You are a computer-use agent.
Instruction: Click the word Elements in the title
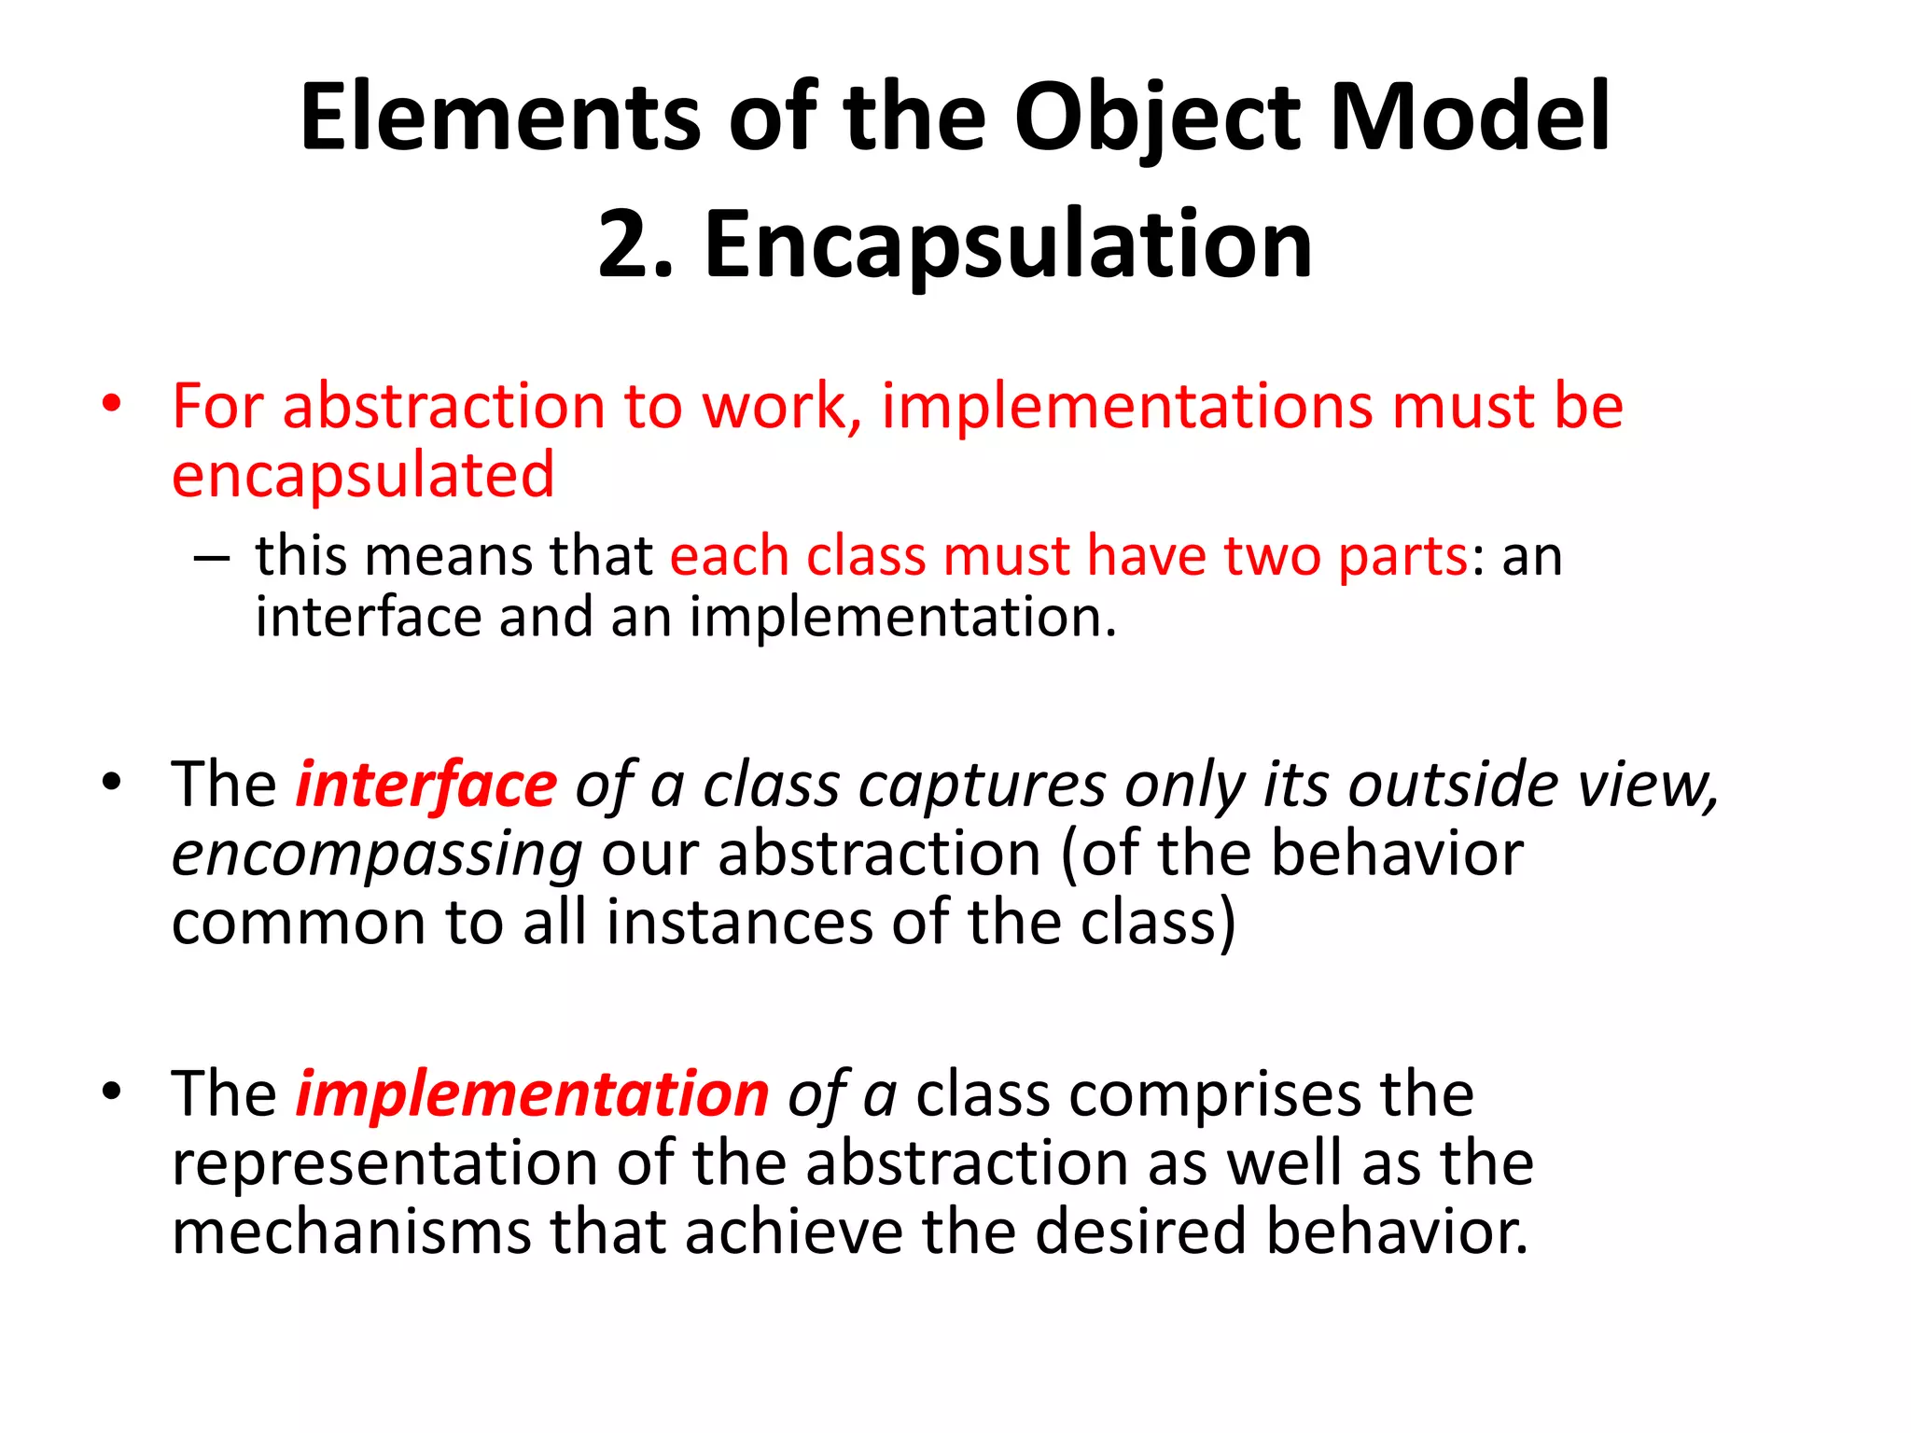click(500, 118)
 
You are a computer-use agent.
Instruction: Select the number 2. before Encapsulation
click(635, 244)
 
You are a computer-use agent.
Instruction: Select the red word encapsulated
click(363, 476)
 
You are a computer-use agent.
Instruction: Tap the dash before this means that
click(212, 557)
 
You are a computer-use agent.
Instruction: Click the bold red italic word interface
click(425, 785)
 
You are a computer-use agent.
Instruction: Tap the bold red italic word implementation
click(532, 1094)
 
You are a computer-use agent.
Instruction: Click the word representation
click(384, 1164)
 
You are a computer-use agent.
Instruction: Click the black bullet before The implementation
click(112, 1092)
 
